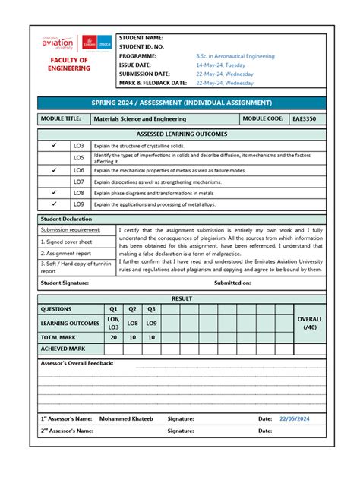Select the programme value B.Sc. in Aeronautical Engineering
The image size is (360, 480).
point(235,56)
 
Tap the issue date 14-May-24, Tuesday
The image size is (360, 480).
point(220,65)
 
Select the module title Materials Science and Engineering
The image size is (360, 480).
point(139,119)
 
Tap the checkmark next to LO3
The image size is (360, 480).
point(54,145)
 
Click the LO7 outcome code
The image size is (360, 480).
point(78,182)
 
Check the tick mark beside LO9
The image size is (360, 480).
point(54,204)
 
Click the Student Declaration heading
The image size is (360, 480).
point(66,219)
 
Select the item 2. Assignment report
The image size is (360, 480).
point(66,253)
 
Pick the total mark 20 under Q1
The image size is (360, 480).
point(113,336)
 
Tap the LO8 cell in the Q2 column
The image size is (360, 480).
point(132,324)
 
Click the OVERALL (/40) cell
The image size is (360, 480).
point(309,324)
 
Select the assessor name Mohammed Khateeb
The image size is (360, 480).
point(125,418)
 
